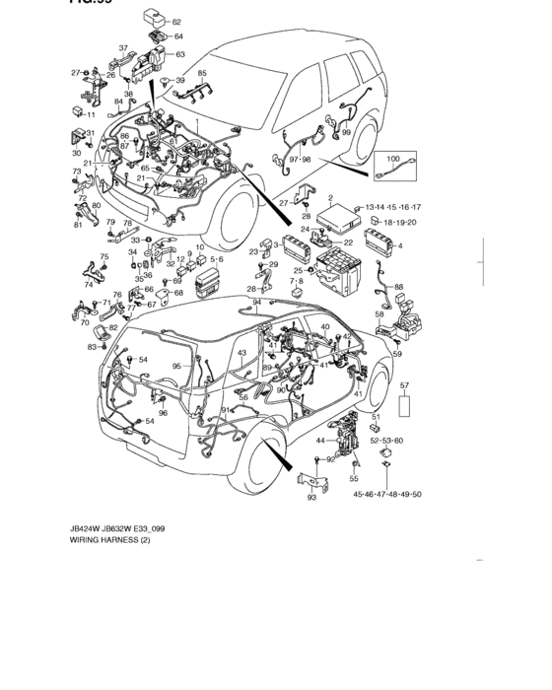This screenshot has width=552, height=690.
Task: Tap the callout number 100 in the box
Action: click(392, 158)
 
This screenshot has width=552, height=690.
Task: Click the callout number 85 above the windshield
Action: click(202, 74)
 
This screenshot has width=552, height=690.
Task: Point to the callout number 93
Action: click(311, 498)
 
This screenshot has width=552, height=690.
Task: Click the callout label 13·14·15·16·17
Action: click(393, 208)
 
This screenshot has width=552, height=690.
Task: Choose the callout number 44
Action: click(319, 442)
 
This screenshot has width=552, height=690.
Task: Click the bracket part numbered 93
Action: click(312, 481)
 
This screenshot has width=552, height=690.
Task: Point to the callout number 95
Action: click(177, 366)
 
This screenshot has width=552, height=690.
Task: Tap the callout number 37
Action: click(124, 47)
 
